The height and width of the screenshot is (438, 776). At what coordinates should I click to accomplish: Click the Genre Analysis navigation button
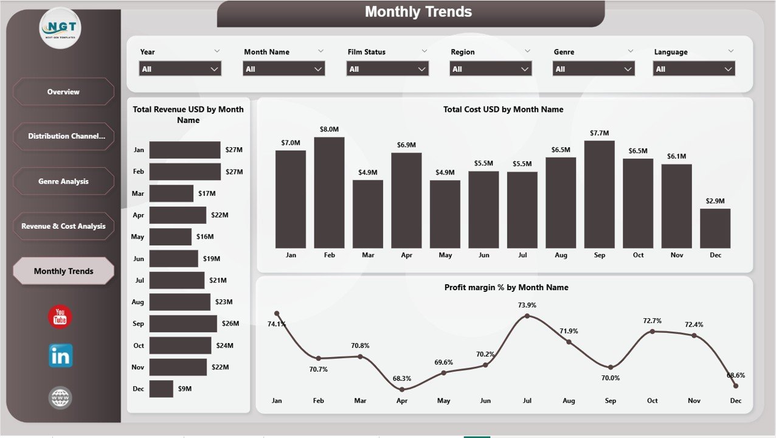coord(63,181)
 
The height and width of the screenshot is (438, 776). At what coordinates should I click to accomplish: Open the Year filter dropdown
coord(180,69)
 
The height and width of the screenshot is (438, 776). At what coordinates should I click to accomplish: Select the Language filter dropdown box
coord(694,69)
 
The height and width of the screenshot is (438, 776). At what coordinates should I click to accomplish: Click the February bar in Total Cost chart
coord(329,192)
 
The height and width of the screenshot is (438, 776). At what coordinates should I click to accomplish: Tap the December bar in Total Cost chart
coord(715,228)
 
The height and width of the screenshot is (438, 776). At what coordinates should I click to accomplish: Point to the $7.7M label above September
coord(599,133)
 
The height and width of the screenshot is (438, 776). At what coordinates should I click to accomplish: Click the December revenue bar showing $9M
coord(161,389)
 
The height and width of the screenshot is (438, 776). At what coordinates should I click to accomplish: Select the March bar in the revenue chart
coord(171,193)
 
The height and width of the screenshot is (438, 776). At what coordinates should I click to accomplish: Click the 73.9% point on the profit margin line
coord(527,316)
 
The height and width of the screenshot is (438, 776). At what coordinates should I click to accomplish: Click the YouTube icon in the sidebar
coord(60,317)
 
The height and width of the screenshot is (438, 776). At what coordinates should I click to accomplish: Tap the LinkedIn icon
coord(60,356)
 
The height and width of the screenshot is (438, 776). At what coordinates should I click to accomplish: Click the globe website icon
coord(60,398)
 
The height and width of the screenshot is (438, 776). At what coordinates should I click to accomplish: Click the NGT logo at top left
coord(60,27)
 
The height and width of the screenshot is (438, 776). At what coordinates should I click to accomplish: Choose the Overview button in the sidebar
coord(63,92)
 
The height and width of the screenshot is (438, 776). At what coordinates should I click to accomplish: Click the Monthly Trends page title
coord(418,12)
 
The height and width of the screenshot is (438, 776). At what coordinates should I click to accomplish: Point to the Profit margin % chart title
coord(506,287)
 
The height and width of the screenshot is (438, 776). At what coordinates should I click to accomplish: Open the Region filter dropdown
coord(491,69)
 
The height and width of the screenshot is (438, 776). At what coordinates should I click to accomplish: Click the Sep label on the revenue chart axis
coord(139,324)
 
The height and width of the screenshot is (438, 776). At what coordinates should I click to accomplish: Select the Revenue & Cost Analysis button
coord(63,226)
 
